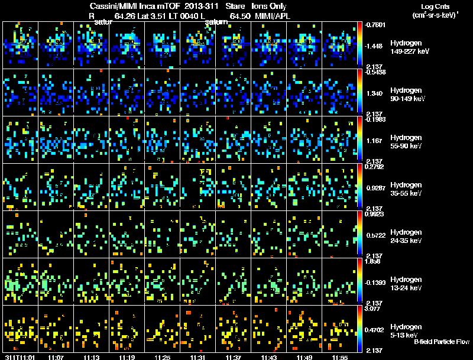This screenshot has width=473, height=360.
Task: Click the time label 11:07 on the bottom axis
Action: [x=56, y=357]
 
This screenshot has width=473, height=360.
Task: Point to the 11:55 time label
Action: [x=339, y=357]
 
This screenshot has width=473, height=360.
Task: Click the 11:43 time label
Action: [x=268, y=357]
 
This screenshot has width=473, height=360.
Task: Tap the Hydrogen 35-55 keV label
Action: [x=408, y=189]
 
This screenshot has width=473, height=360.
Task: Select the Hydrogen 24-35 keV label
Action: [x=408, y=236]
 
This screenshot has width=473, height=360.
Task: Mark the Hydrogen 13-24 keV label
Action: [x=408, y=284]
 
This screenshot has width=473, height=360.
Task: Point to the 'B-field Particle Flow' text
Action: [x=441, y=342]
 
